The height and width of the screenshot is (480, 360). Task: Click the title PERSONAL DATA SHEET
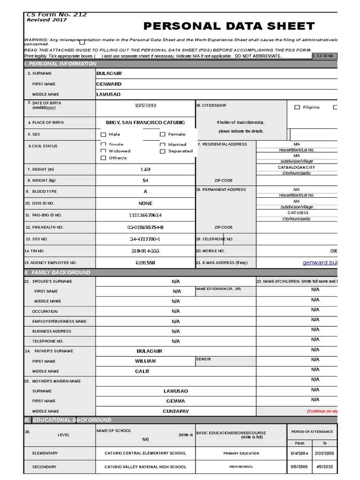[x=229, y=26]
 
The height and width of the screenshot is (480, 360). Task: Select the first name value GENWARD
[x=108, y=84]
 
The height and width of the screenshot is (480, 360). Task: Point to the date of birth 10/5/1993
[x=145, y=105]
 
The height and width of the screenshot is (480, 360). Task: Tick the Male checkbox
[x=104, y=135]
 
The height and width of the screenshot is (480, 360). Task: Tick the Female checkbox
[x=163, y=135]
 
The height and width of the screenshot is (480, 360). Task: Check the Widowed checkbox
[x=104, y=151]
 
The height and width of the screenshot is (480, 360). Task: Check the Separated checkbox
[x=163, y=151]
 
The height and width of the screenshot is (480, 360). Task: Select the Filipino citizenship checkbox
[x=297, y=107]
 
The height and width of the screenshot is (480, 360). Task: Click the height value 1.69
[x=145, y=169]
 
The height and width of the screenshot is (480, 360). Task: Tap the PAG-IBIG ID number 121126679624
[x=145, y=215]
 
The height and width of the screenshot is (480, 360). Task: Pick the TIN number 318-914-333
[x=145, y=251]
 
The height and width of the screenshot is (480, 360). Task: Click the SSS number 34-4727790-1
[x=145, y=239]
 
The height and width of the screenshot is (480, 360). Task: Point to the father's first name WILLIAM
[x=145, y=361]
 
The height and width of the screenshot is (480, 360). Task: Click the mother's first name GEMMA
[x=175, y=401]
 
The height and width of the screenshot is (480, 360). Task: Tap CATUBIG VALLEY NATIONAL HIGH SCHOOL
[x=145, y=467]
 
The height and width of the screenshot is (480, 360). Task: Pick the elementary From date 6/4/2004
[x=299, y=453]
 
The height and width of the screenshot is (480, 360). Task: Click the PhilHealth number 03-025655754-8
[x=145, y=227]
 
